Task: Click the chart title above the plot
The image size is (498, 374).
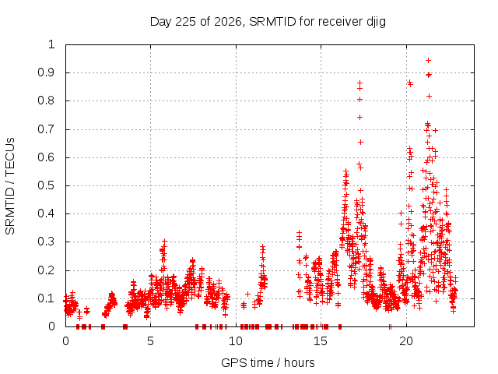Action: point(268,22)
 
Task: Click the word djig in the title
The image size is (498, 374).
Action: point(376,22)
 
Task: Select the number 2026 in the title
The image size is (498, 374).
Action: point(228,22)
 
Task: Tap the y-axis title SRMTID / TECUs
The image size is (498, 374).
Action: point(10,186)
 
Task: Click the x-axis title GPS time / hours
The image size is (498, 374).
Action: point(268,362)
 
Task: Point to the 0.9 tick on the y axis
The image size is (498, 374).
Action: point(47,72)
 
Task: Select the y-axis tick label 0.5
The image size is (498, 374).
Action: point(47,185)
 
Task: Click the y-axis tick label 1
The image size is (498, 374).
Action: point(51,44)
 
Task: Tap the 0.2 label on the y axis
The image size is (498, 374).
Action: point(47,270)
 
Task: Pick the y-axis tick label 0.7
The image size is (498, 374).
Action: point(47,129)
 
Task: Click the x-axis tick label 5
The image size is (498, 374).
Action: point(150,341)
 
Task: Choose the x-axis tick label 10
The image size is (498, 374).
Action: point(236,341)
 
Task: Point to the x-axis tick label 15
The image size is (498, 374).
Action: point(321,341)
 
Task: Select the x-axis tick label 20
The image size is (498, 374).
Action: point(406,341)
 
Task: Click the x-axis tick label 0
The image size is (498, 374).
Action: point(65,341)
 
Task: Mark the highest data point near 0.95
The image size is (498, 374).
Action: point(428,60)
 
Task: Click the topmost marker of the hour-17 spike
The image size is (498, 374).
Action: point(359,83)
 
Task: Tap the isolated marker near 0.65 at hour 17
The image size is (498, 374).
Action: point(360,142)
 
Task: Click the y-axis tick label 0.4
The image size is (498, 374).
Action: point(47,213)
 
